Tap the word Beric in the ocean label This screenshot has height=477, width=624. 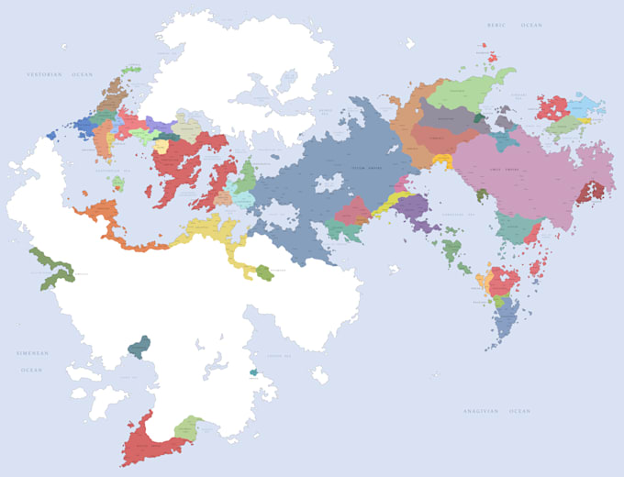point(496,26)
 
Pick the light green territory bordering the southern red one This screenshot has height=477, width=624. point(188,427)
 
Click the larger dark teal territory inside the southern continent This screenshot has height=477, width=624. point(139,346)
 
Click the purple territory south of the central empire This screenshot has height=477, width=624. point(411,207)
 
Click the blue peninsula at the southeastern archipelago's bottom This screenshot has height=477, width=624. point(505,321)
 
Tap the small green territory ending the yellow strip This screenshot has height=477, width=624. point(264,272)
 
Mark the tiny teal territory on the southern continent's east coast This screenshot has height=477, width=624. point(253,372)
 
